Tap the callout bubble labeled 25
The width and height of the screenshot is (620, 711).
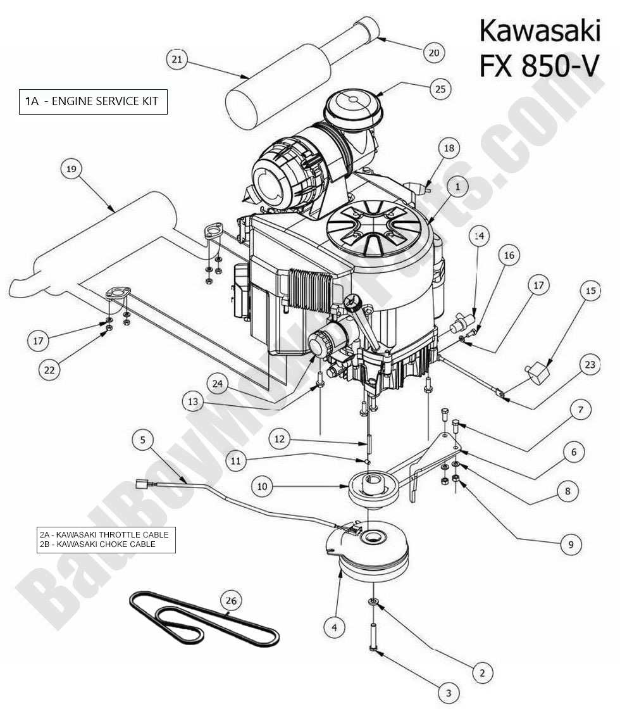440,89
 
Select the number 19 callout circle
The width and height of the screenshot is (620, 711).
71,169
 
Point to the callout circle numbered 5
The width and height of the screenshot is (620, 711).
144,439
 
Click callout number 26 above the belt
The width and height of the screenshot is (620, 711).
232,600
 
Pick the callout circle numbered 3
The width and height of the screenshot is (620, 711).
449,693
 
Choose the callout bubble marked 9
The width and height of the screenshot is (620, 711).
570,543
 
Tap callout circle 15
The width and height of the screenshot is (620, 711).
590,291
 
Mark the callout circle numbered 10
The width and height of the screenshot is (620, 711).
263,486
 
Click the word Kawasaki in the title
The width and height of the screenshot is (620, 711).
539,30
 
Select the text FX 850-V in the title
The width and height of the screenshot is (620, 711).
539,65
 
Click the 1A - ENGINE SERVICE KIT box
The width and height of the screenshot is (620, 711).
93,101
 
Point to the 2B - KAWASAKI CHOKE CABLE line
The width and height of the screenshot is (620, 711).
97,544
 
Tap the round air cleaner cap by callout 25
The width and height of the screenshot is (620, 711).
350,104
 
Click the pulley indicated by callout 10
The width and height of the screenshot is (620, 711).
371,489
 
